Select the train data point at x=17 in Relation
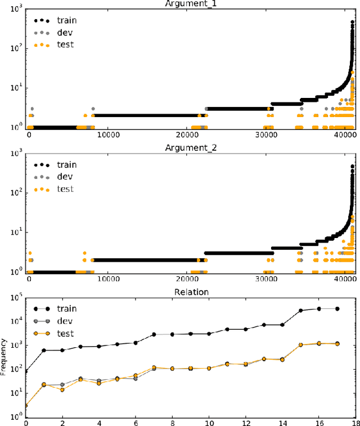click(337, 308)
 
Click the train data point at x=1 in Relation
click(44, 350)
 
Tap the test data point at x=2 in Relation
click(62, 389)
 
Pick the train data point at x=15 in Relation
click(300, 310)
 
